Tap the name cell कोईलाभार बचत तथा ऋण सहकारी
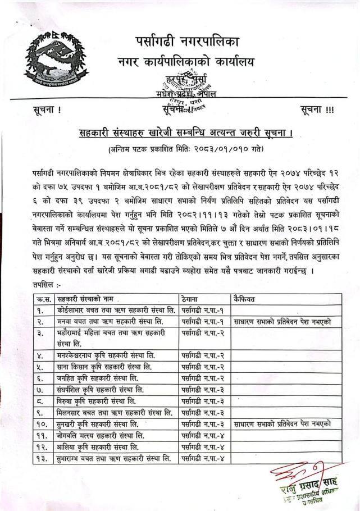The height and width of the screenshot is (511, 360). pos(116,309)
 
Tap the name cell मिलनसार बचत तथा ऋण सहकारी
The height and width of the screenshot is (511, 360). pos(115,413)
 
